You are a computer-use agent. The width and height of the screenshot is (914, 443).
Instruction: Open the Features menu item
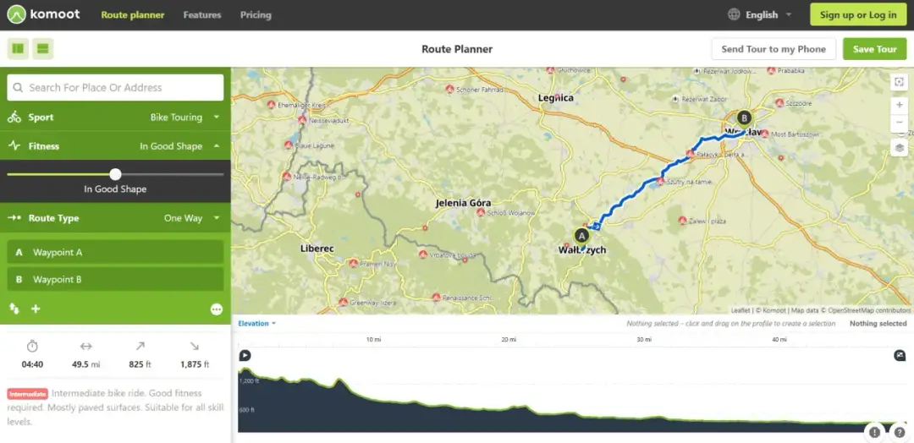click(201, 15)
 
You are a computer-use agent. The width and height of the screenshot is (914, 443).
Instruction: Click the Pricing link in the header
click(256, 15)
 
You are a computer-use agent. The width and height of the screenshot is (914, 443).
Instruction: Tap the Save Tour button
click(874, 49)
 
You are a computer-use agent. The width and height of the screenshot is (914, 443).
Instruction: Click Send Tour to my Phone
click(773, 49)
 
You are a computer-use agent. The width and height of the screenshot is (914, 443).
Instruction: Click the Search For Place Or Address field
click(116, 87)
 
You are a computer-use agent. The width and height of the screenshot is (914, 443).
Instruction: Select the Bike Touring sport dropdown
click(184, 118)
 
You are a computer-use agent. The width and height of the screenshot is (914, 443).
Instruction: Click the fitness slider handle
click(116, 174)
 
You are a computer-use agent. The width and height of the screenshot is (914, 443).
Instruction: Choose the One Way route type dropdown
click(191, 218)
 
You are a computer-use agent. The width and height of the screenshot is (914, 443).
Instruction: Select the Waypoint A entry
click(115, 252)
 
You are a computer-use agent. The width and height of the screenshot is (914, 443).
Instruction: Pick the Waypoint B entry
click(115, 279)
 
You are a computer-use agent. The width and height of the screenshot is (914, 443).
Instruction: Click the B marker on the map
click(744, 118)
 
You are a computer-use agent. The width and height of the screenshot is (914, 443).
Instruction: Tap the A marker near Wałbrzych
click(581, 235)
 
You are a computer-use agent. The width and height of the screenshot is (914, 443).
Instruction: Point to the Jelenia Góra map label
click(463, 204)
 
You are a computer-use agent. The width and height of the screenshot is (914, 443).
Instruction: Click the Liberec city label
click(317, 249)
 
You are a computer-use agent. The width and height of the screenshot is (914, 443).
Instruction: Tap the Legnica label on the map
click(555, 98)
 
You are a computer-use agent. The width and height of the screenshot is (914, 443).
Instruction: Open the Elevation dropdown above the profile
click(256, 324)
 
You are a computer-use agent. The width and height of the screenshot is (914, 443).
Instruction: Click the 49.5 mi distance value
click(85, 364)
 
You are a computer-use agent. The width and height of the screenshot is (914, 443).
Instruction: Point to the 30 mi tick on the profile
click(643, 340)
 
